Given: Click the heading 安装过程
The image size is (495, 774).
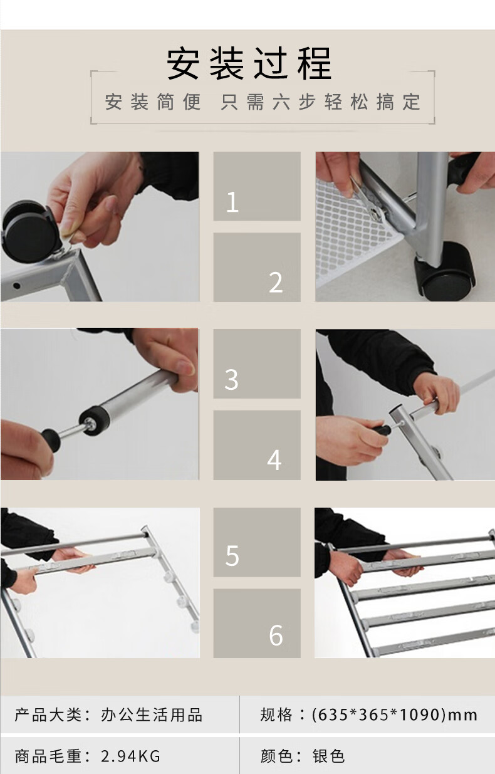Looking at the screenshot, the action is coord(249,64).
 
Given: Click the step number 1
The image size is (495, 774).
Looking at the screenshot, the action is coord(232,202).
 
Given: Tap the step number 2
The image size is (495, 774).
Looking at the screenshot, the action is coord(276,282).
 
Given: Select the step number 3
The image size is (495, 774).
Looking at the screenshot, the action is coord(231,379).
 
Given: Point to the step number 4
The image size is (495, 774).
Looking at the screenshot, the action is coord(274,459).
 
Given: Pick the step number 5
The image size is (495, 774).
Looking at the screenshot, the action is coord(232,555).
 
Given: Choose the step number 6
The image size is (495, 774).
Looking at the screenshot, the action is coord(276,635).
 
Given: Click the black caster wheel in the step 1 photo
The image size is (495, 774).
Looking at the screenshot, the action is coord(27,231).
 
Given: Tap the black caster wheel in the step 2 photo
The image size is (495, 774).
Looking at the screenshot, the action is coord(445,271).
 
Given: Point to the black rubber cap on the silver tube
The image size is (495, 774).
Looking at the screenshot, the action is coord(94,421).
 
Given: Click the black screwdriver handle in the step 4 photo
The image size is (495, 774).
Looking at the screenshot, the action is coord(382,431).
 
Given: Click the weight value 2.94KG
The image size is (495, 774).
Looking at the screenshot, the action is coord(130,756).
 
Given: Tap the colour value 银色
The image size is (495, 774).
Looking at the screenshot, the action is coord(328,756).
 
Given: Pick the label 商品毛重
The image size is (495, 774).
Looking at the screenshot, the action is coord(49,756).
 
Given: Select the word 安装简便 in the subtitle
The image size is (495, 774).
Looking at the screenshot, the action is coord(153,102).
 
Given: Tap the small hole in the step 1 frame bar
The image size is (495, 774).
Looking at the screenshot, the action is coord(16,286).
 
